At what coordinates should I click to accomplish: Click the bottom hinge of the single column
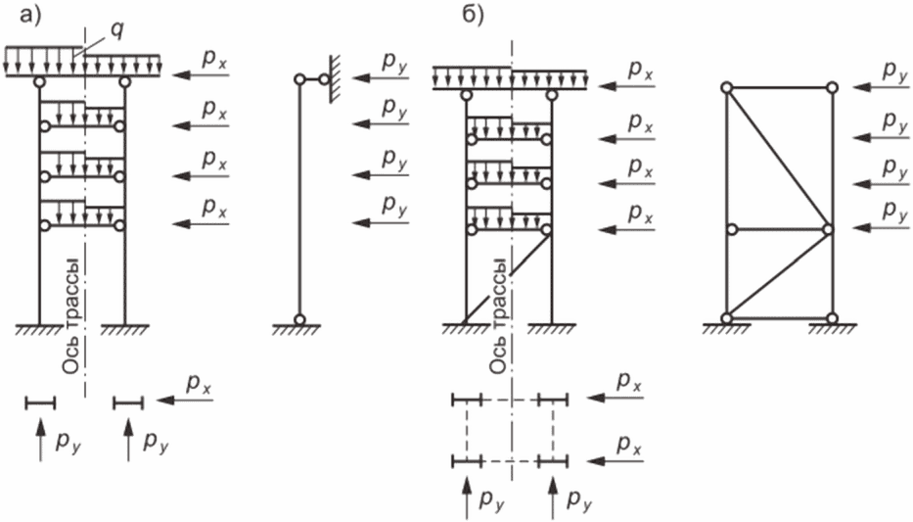click(x=300, y=318)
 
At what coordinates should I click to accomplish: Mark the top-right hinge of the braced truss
click(x=831, y=87)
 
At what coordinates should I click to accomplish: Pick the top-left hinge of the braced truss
click(x=726, y=88)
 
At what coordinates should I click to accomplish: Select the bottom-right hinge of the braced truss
click(x=831, y=318)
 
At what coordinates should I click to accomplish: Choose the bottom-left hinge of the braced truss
click(x=726, y=318)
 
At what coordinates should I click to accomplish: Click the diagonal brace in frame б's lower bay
click(x=507, y=276)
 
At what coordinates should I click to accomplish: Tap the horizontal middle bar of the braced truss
click(x=778, y=230)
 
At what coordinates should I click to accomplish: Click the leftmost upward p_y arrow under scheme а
click(x=40, y=440)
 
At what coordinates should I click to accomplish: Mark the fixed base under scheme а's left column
click(x=39, y=330)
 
